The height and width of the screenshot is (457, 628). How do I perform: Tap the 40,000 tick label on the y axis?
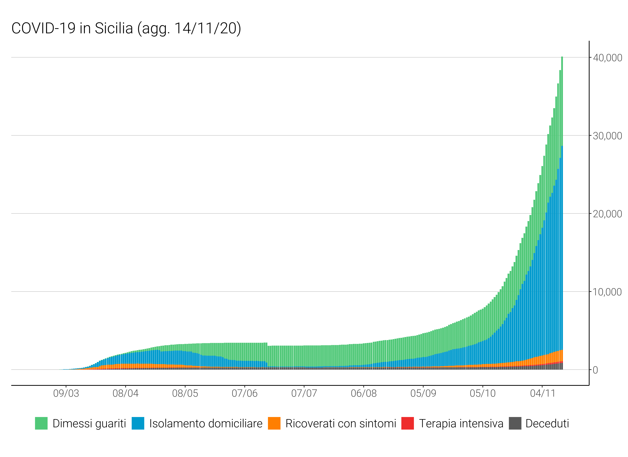tap(607, 58)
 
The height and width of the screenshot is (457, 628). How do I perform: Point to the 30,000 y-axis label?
tap(607, 136)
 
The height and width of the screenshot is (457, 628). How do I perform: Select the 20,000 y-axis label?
tap(607, 214)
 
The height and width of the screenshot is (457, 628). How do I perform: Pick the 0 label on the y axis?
tap(595, 370)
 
